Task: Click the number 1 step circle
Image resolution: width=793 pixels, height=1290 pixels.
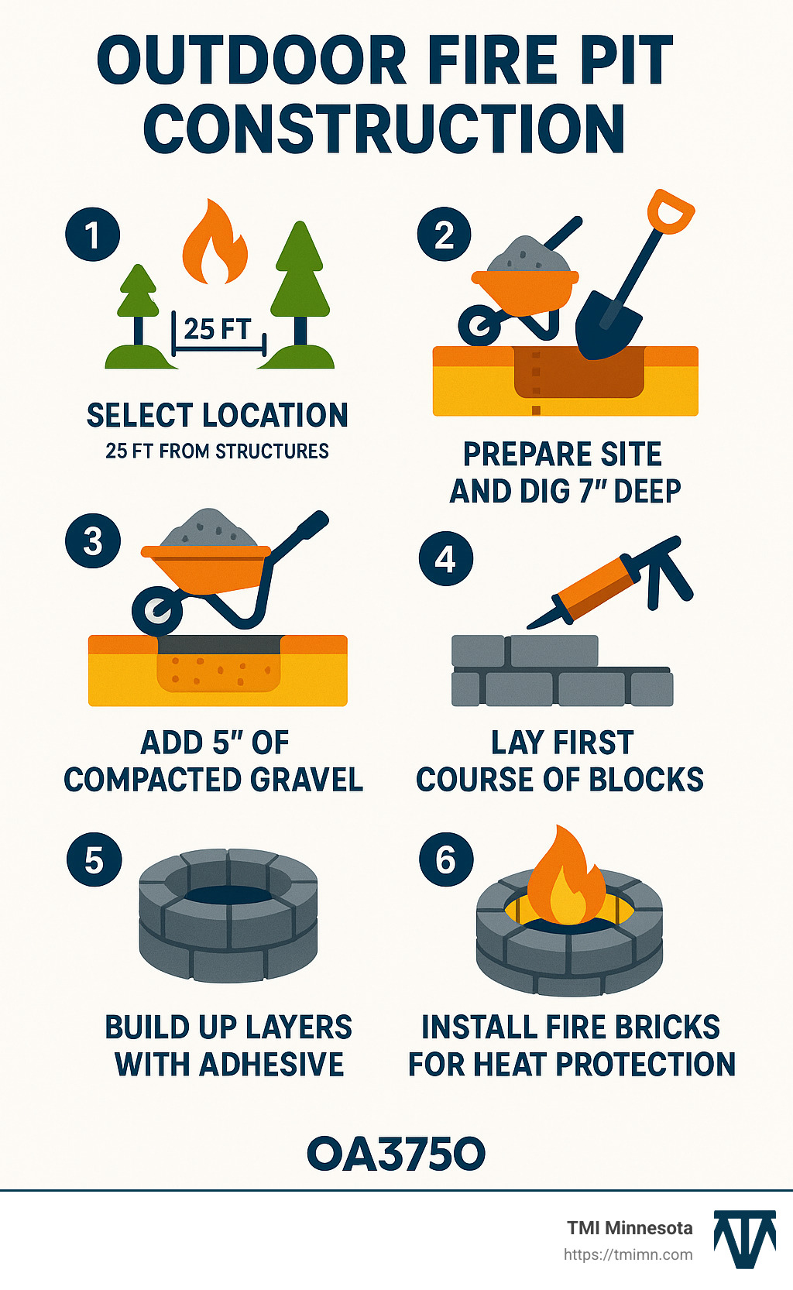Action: pyautogui.click(x=93, y=235)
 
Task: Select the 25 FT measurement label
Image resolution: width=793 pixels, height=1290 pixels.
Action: pyautogui.click(x=218, y=329)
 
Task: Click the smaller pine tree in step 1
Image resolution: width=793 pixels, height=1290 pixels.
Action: pyautogui.click(x=139, y=298)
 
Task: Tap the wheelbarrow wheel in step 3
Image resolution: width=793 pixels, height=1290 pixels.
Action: pyautogui.click(x=157, y=610)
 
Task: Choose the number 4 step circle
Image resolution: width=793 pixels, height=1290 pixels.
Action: pyautogui.click(x=446, y=558)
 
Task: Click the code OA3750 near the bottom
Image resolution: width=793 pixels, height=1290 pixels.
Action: pyautogui.click(x=396, y=1154)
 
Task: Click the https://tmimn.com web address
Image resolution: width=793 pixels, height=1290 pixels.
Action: pyautogui.click(x=628, y=1254)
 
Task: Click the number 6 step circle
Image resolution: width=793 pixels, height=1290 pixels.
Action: pyautogui.click(x=446, y=859)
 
